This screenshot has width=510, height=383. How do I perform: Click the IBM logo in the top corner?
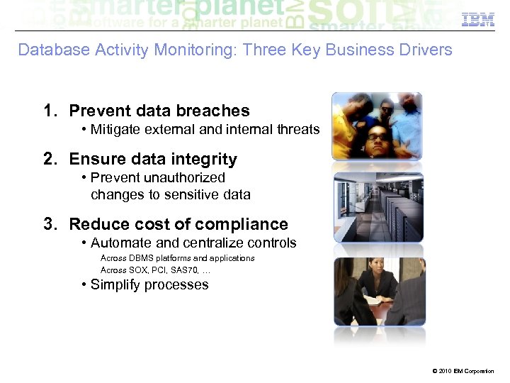click(x=478, y=20)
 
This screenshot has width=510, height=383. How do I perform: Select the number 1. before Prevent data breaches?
click(x=50, y=111)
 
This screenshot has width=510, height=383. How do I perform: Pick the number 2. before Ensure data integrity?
click(x=50, y=159)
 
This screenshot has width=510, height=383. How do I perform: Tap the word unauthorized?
click(x=183, y=177)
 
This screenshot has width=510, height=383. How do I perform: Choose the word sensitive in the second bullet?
click(x=183, y=194)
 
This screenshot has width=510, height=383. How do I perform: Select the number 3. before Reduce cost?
click(x=50, y=224)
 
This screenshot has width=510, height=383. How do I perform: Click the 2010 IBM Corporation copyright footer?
click(x=462, y=371)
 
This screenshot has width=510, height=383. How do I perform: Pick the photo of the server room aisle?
click(x=378, y=206)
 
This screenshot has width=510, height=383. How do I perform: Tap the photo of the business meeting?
click(x=378, y=292)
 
